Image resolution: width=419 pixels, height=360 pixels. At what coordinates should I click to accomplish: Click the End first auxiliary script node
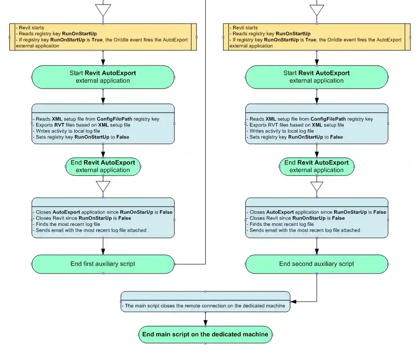[103, 264]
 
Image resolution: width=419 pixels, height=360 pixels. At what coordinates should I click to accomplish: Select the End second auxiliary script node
[317, 264]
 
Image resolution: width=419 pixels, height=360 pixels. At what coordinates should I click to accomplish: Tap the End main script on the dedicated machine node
[205, 334]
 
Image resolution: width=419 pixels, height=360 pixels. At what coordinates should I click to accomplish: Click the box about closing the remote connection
[205, 306]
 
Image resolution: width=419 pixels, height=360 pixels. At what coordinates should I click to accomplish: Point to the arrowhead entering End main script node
[205, 323]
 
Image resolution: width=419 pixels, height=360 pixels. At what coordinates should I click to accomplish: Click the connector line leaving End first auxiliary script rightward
[189, 264]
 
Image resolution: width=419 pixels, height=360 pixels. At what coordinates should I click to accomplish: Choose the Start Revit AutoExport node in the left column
[103, 77]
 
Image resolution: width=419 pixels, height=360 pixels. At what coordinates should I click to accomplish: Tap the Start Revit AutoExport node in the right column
[317, 77]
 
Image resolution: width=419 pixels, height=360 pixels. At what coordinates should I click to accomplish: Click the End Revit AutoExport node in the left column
[103, 166]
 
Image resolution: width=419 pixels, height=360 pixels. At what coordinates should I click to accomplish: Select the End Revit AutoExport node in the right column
[317, 166]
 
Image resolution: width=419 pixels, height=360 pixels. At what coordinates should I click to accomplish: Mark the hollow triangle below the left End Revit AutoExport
[103, 186]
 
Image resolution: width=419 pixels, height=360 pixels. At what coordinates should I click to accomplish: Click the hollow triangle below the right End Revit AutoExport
[317, 186]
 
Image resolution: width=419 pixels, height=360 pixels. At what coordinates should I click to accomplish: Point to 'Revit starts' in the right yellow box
[245, 28]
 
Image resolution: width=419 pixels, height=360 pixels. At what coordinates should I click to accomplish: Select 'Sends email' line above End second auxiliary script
[305, 230]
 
